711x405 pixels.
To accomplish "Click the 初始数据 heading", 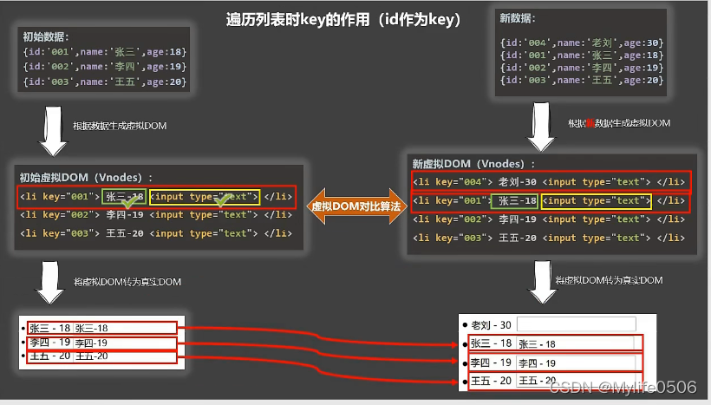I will pyautogui.click(x=47, y=36).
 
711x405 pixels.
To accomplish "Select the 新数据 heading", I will pyautogui.click(x=518, y=17).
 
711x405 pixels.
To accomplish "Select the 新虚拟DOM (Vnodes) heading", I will pyautogui.click(x=473, y=163).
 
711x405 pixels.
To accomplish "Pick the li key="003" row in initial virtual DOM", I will pyautogui.click(x=156, y=232).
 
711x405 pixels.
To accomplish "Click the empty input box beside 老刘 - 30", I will pyautogui.click(x=576, y=324).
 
